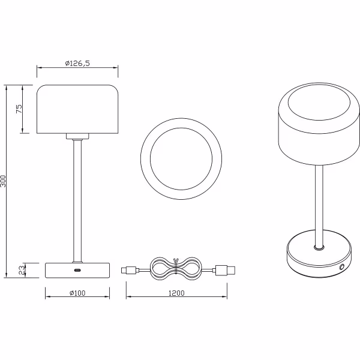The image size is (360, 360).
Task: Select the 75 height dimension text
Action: [x=19, y=109]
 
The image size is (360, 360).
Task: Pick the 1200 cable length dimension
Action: [x=176, y=293]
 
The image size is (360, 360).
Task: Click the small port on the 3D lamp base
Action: [x=343, y=265]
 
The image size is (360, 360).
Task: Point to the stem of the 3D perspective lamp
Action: [x=320, y=204]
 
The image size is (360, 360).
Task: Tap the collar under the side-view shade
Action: [x=77, y=136]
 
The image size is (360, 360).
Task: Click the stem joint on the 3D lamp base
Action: [x=320, y=246]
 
